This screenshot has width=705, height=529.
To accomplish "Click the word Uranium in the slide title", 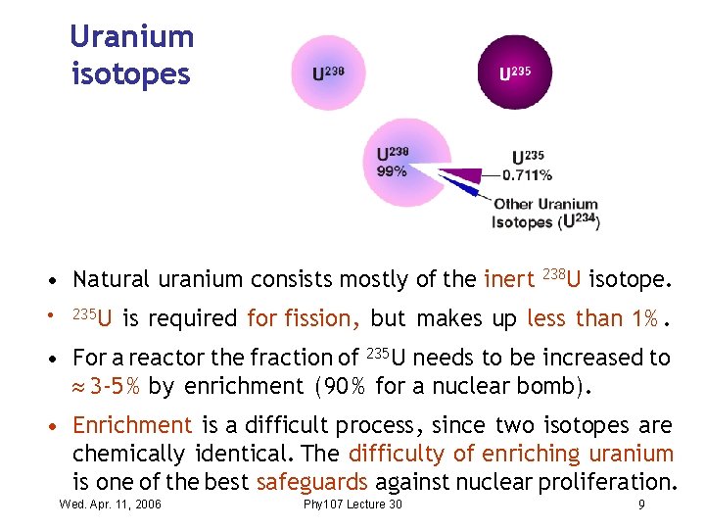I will coord(132,37).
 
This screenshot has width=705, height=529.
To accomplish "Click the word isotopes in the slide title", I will coord(131,74).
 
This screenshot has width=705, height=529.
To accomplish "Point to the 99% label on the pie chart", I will coord(392,171).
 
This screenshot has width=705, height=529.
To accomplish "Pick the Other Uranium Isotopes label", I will coord(545,214).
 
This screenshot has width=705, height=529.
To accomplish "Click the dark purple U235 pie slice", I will coord(460,175).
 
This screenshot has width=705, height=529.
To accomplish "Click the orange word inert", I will coord(508,280).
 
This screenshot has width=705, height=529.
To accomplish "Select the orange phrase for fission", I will coord(305,319).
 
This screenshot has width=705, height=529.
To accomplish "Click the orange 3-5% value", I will coord(116,386).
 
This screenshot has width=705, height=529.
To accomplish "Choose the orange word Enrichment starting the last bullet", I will coord(132,426).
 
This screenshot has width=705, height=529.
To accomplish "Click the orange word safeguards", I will coord(312,482).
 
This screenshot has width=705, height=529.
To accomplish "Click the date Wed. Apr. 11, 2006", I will coord(111,505).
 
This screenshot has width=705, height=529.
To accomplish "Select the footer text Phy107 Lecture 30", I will coord(352,505).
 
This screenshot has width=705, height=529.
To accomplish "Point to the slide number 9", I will coord(641,505).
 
